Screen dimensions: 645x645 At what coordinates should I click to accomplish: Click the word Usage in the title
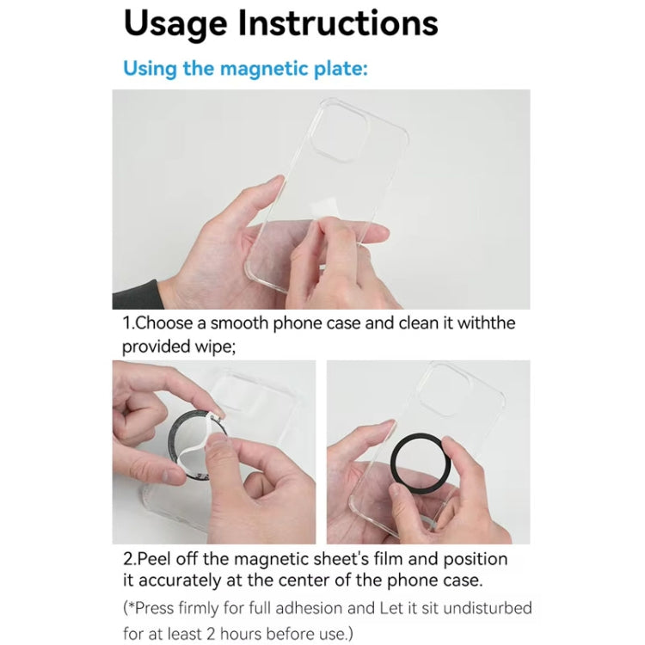[x=175, y=24]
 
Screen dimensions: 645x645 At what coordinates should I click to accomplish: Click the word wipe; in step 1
[x=212, y=347]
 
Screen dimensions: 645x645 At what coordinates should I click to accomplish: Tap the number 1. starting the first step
[x=129, y=324]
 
